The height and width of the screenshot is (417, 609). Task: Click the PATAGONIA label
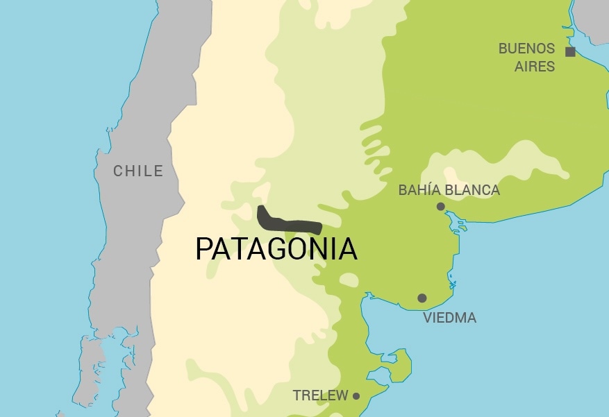pyautogui.click(x=276, y=249)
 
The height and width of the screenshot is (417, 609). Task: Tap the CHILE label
pyautogui.click(x=138, y=171)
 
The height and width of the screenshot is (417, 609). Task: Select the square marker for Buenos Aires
pyautogui.click(x=570, y=51)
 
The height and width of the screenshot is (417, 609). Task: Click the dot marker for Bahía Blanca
pyautogui.click(x=440, y=206)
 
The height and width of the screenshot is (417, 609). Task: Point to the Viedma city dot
pyautogui.click(x=422, y=298)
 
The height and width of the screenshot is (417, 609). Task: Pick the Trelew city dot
pyautogui.click(x=356, y=396)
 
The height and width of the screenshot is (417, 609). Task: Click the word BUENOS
pyautogui.click(x=527, y=49)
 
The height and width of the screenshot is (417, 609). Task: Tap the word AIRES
pyautogui.click(x=535, y=67)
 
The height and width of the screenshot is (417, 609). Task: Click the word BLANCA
pyautogui.click(x=474, y=189)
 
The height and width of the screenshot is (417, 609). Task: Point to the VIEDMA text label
pyautogui.click(x=449, y=318)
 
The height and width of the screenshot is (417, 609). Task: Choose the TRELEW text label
pyautogui.click(x=320, y=396)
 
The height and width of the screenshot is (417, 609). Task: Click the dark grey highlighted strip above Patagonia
pyautogui.click(x=288, y=223)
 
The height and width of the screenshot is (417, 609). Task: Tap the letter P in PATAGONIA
pyautogui.click(x=203, y=249)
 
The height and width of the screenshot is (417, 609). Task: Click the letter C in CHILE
pyautogui.click(x=119, y=171)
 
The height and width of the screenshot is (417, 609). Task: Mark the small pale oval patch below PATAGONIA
pyautogui.click(x=349, y=280)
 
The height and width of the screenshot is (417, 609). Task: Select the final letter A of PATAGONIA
pyautogui.click(x=347, y=249)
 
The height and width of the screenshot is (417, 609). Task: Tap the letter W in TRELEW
pyautogui.click(x=341, y=396)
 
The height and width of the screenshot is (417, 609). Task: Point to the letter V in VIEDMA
pyautogui.click(x=428, y=318)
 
